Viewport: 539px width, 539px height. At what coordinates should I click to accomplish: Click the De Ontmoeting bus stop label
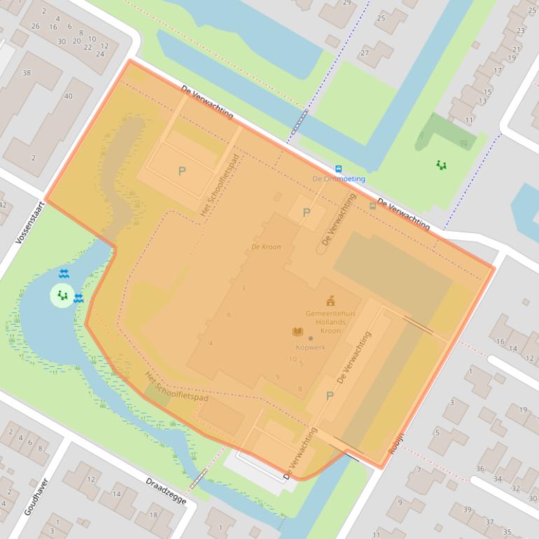coord(339,179)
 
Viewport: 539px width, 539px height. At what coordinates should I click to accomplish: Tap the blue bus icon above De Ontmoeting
coord(339,169)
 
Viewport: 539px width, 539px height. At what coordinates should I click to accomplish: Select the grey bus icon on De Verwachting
coord(372,206)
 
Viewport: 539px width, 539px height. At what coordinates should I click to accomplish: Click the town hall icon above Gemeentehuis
coord(330,301)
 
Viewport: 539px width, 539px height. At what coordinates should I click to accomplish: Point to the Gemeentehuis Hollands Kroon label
coord(330,322)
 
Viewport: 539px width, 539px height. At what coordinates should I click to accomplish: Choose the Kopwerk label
coord(311,347)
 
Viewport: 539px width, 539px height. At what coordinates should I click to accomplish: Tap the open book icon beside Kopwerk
coord(297,332)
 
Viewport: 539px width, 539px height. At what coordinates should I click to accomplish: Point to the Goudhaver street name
coord(36,497)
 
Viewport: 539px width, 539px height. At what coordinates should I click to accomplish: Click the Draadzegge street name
coord(164,493)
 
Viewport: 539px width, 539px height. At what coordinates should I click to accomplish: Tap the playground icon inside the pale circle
coord(62,295)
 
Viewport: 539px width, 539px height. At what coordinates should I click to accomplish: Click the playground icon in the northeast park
coord(441,165)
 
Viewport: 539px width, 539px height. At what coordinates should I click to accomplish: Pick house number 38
coord(27,73)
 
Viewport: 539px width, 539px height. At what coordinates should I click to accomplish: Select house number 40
coord(68,96)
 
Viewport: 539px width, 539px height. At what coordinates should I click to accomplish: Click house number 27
coord(364,53)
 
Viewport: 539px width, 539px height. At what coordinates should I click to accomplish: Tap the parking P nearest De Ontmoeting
coord(306,212)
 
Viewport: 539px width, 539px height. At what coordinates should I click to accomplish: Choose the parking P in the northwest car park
coord(182,171)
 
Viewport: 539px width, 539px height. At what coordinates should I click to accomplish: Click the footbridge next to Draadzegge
coord(199,478)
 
